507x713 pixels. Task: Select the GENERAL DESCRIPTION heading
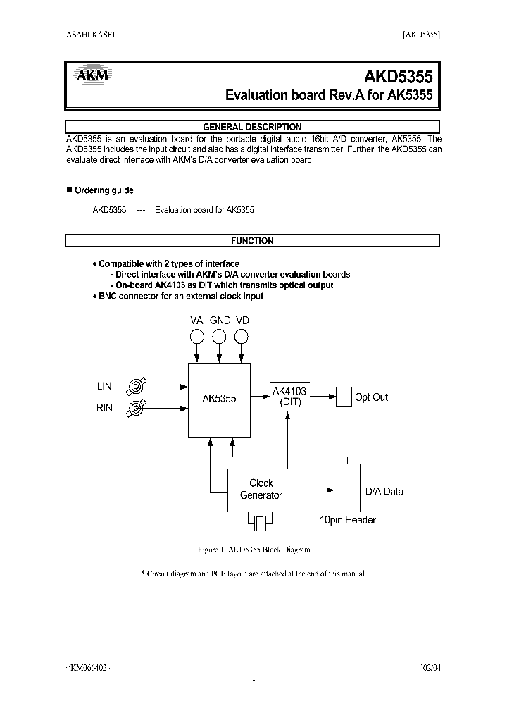[x=252, y=127]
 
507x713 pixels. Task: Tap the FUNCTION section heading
[x=252, y=241]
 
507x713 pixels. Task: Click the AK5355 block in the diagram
[x=219, y=399]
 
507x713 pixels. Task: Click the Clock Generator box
[x=261, y=490]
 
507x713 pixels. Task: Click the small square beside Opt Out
[x=343, y=397]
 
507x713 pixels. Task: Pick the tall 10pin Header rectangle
[x=346, y=488]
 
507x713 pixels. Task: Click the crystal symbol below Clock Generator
[x=261, y=523]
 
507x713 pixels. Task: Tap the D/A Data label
[x=384, y=492]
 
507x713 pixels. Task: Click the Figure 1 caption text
[x=252, y=550]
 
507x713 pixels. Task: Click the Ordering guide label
[x=104, y=190]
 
